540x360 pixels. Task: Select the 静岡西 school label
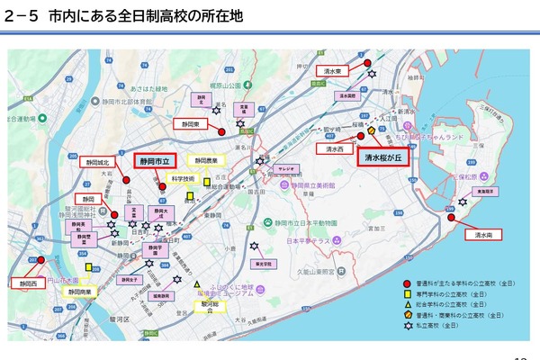[x=27, y=283]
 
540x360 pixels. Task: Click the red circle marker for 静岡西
[x=34, y=260]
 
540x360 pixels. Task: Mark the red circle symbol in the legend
[x=407, y=283]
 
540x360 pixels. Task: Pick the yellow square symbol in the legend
[x=407, y=293]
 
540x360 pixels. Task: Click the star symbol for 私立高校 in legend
[x=407, y=326]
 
